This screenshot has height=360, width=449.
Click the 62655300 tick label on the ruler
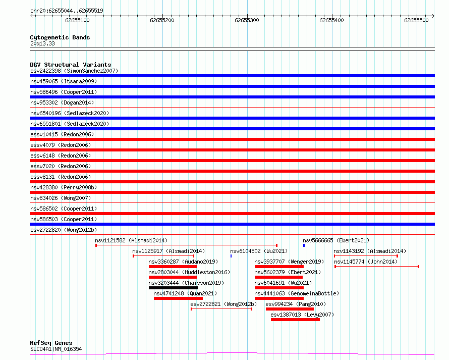pyautogui.click(x=247, y=20)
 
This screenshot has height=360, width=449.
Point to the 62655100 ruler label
pyautogui.click(x=77, y=20)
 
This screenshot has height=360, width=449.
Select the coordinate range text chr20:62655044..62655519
pyautogui.click(x=67, y=11)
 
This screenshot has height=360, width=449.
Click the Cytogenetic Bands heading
pyautogui.click(x=60, y=37)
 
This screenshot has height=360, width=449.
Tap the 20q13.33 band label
pyautogui.click(x=42, y=43)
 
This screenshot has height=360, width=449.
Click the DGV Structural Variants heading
pyautogui.click(x=71, y=65)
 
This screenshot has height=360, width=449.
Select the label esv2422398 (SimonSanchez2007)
pyautogui.click(x=74, y=71)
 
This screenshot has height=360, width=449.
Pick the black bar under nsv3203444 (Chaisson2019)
pyautogui.click(x=173, y=288)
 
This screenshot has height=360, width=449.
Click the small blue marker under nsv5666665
pyautogui.click(x=304, y=245)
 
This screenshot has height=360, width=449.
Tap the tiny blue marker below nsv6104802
pyautogui.click(x=231, y=256)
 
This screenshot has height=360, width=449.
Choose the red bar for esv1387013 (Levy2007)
pyautogui.click(x=295, y=320)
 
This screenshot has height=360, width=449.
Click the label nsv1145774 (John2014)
pyautogui.click(x=366, y=262)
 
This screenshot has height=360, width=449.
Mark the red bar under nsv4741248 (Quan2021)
pyautogui.click(x=178, y=298)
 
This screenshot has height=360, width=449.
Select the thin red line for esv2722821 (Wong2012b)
pyautogui.click(x=221, y=309)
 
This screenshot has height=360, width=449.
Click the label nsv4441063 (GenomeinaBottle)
pyautogui.click(x=297, y=293)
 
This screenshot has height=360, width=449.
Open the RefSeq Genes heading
pyautogui.click(x=51, y=343)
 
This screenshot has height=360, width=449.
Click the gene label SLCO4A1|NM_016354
pyautogui.click(x=56, y=349)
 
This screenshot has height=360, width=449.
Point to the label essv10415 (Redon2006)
pyautogui.click(x=62, y=134)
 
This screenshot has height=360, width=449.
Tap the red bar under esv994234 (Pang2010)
pyautogui.click(x=290, y=309)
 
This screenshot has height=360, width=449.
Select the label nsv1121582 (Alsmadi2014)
pyautogui.click(x=131, y=240)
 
